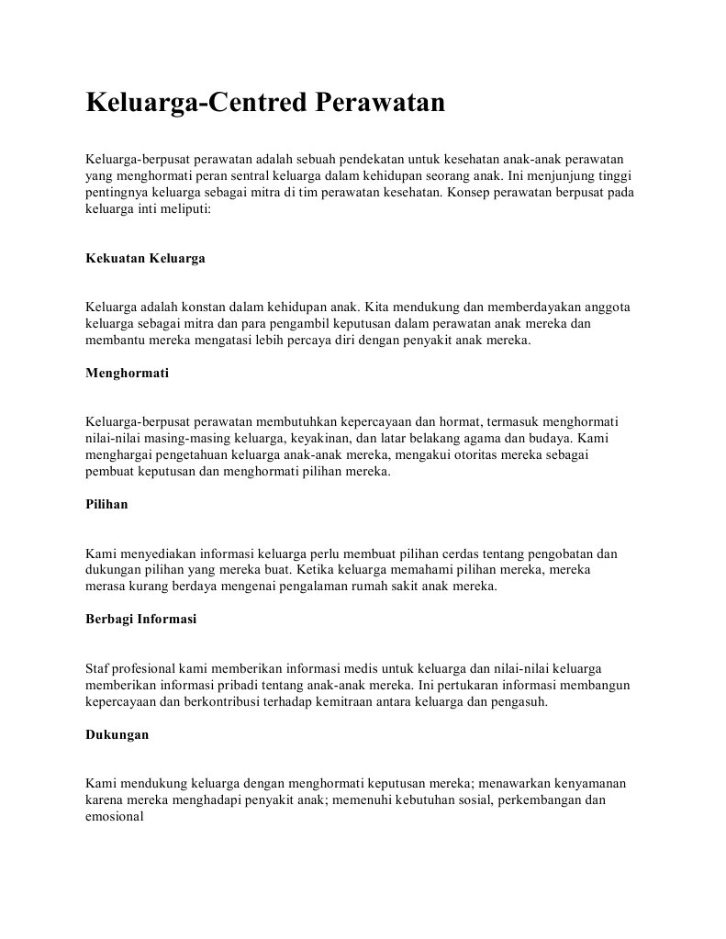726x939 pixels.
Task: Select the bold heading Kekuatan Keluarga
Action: pos(145,259)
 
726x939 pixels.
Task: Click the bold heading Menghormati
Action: pos(127,374)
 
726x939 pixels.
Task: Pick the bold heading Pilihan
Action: pos(106,505)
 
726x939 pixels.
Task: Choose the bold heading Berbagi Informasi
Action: pos(140,620)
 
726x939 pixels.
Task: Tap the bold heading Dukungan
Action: pos(117,734)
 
